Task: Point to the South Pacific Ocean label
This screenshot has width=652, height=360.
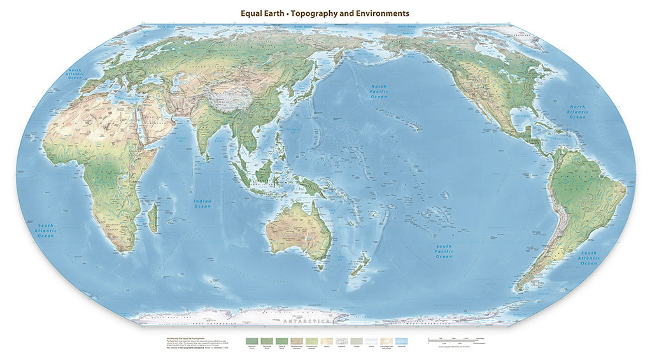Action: pyautogui.click(x=444, y=251)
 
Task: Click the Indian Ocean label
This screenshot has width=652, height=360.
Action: pyautogui.click(x=202, y=203)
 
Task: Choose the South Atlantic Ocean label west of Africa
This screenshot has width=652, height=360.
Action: pyautogui.click(x=46, y=231)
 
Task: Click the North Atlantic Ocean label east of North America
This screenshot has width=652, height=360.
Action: pyautogui.click(x=578, y=113)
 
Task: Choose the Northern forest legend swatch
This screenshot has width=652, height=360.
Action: pyautogui.click(x=253, y=342)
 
